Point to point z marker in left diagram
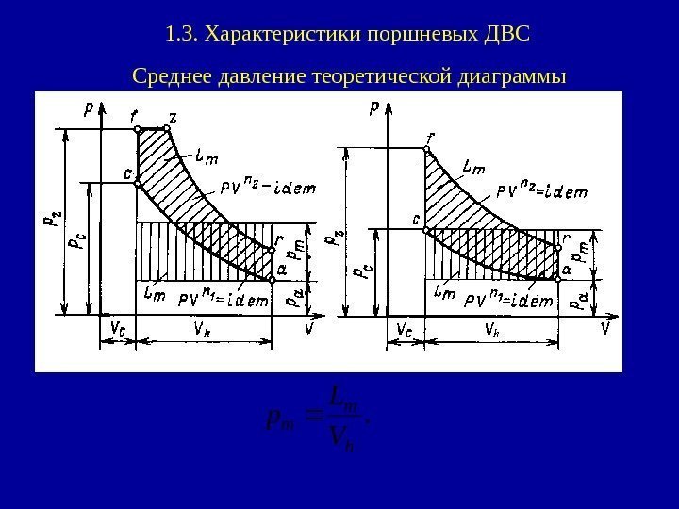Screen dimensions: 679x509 [x=166, y=129]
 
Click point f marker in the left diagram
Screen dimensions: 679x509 [x=138, y=129]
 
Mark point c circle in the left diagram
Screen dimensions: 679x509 [x=138, y=183]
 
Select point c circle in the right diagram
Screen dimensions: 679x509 [x=425, y=229]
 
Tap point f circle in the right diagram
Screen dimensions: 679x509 [x=425, y=148]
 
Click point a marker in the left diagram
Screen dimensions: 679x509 [x=271, y=280]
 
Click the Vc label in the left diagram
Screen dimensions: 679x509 [x=119, y=328]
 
